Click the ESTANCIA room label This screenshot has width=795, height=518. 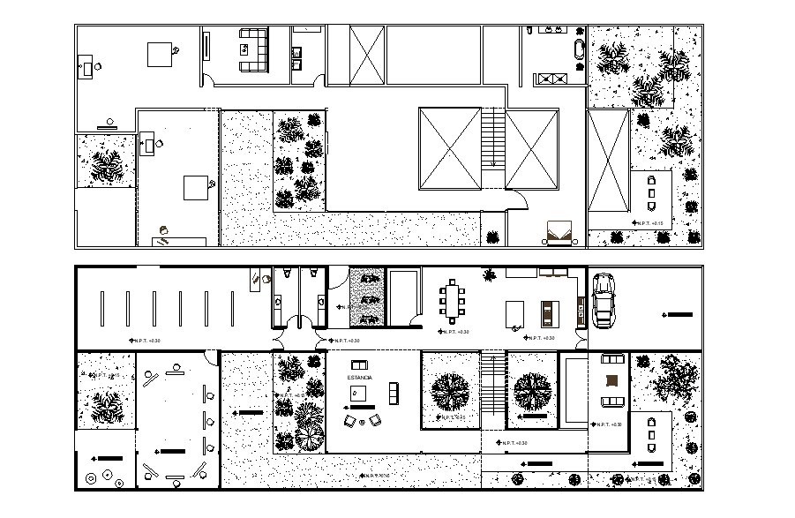point(359,378)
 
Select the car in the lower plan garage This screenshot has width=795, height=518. point(604,298)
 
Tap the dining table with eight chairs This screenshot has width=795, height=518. point(454,300)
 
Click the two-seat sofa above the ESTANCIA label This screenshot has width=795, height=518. point(359,364)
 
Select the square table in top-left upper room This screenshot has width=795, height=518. point(161,54)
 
